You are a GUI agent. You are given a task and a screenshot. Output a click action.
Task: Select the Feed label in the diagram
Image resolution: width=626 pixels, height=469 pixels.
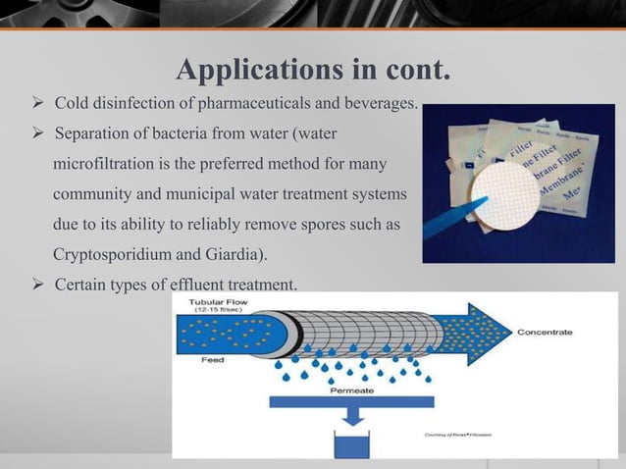tap(202, 360)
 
